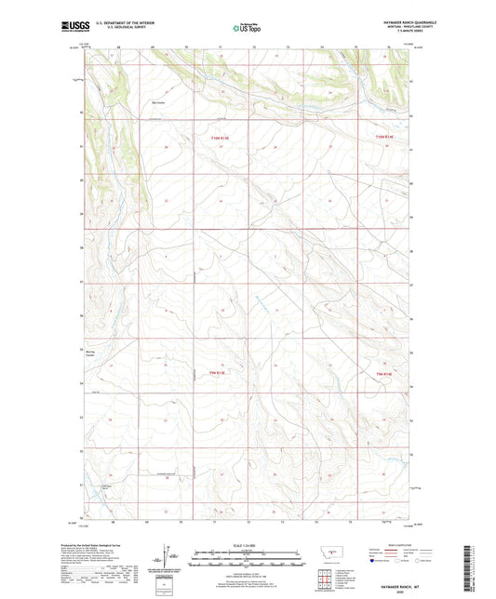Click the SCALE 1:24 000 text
pyautogui.click(x=247, y=544)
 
